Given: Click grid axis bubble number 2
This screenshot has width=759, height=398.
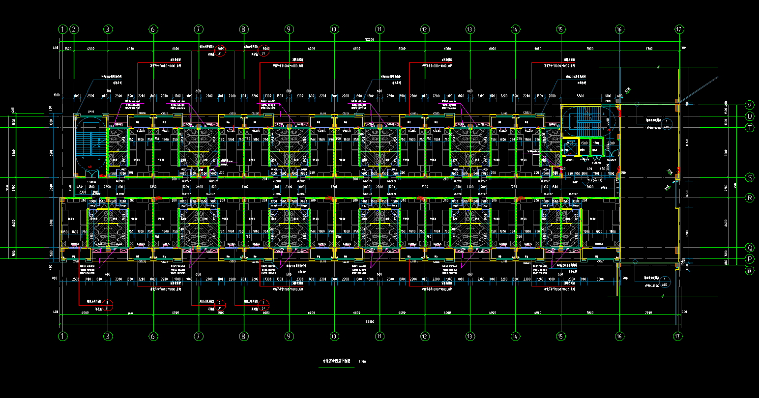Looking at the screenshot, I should pos(74,29).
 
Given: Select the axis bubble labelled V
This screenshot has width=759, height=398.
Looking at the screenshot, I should pos(750,105).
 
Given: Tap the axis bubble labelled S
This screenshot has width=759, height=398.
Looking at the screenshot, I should pos(750,177).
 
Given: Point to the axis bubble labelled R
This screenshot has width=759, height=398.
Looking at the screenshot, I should pos(750,198).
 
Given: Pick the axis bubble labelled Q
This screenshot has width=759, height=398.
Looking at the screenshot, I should pos(750,248).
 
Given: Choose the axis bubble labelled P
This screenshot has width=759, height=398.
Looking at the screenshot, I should pos(750,259).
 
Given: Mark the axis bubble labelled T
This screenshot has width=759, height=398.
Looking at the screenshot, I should pos(750,127).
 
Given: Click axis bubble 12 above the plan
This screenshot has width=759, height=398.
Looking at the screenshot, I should pos(425,29).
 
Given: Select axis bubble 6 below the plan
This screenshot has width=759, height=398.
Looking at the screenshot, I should pos(153,337).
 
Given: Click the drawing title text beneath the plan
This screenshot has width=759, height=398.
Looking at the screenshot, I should pos(337,361).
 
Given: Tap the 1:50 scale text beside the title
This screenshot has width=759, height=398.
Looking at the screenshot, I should pos(362,362).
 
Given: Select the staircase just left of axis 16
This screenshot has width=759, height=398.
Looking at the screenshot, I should pos(586,121).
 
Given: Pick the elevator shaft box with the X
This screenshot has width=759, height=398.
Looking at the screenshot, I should pos(570,147).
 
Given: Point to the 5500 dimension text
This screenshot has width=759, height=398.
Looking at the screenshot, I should pos(580,96).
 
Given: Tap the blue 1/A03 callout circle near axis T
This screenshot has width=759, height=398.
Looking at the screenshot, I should pos(666,123).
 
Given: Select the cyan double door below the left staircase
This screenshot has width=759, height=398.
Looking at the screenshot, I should pos(90,172).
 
